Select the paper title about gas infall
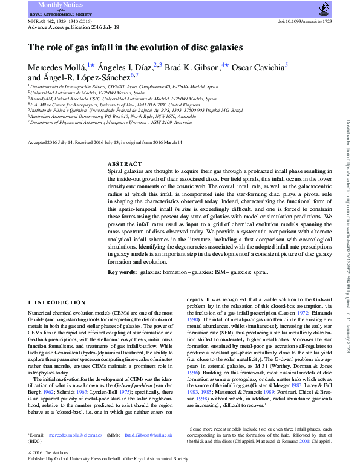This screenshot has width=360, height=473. click(x=136, y=47)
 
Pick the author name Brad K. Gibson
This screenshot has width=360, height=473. click(x=192, y=65)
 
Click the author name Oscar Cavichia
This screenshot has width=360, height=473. click(x=258, y=65)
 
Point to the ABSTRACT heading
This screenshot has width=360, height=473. click(x=125, y=164)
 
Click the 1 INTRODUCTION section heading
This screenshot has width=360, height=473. click(x=57, y=302)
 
